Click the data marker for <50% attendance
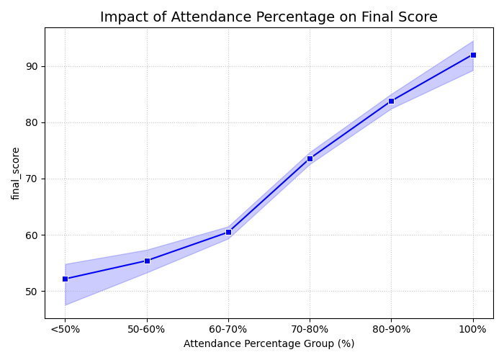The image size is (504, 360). coord(65,279)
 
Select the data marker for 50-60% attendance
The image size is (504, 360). coord(147,261)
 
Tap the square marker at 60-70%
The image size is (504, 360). coord(228,232)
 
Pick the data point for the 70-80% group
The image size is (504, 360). coord(310,158)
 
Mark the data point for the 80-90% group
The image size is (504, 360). coord(391,101)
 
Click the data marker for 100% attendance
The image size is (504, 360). coord(473,55)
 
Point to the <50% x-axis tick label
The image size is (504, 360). coord(65,329)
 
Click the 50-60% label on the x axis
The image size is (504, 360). coord(147,329)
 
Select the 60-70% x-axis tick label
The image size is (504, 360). coord(228,329)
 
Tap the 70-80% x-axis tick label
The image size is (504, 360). coord(310,329)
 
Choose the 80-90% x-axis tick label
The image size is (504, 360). coord(391,329)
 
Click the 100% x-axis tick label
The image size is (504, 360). coord(473,329)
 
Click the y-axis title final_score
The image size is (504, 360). coord(16,173)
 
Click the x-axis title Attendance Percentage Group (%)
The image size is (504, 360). coord(269,344)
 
